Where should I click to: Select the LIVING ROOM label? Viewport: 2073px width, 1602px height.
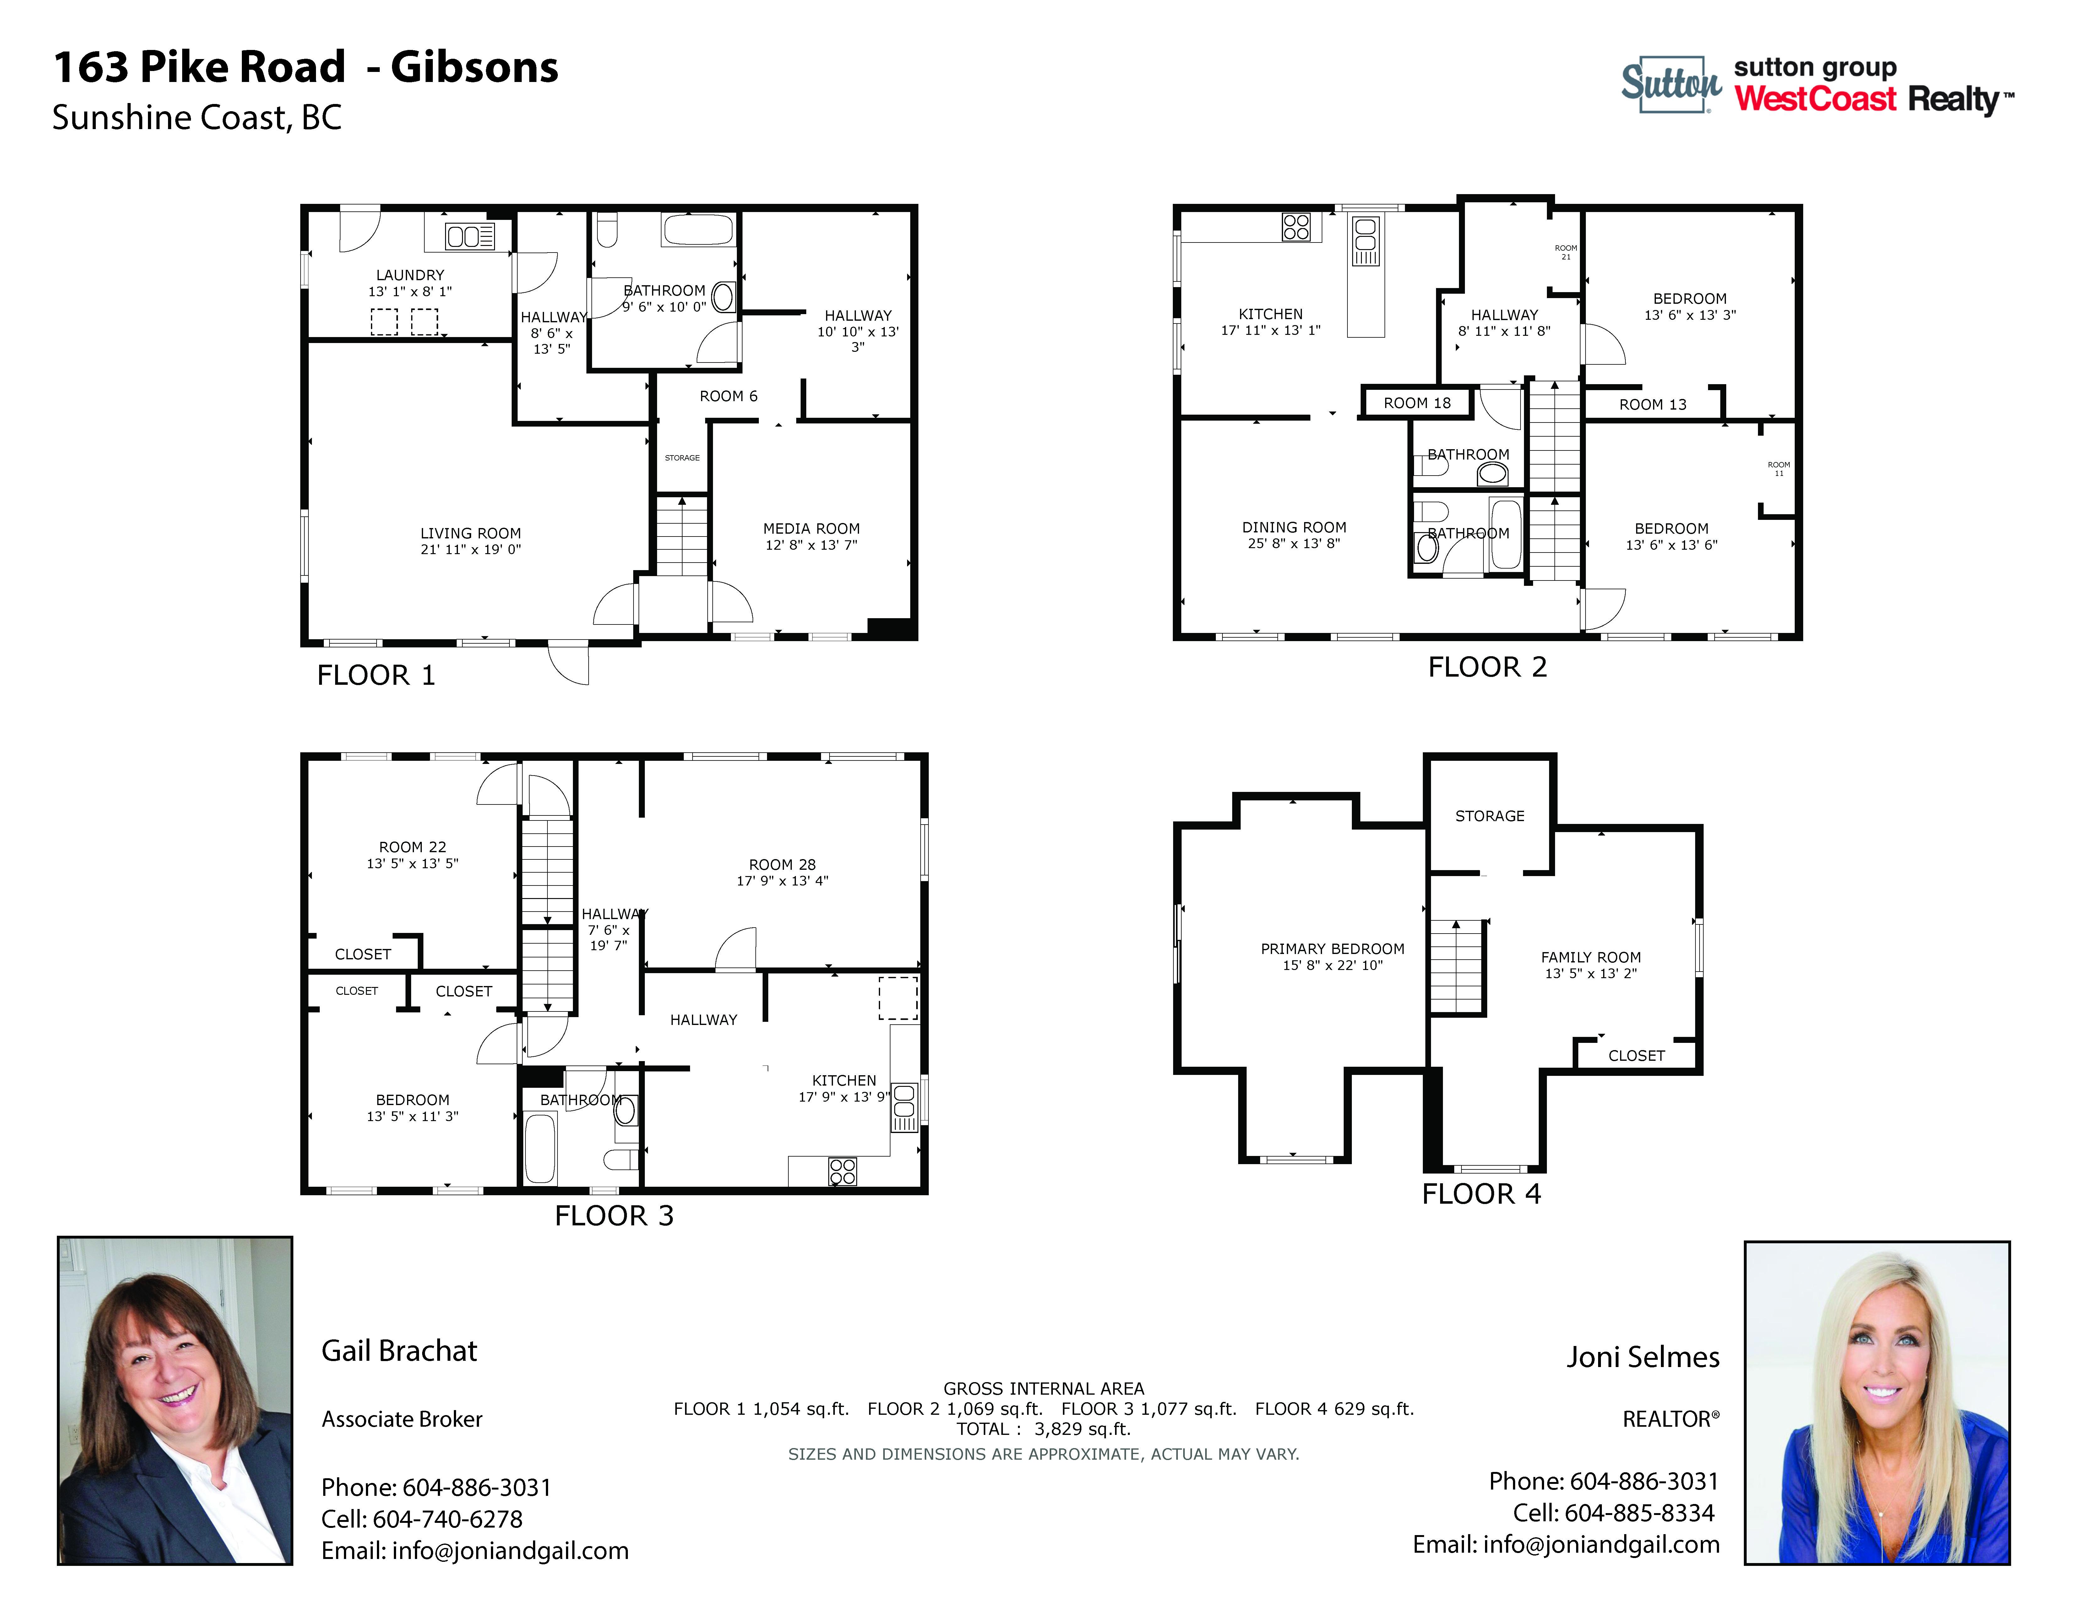(x=471, y=533)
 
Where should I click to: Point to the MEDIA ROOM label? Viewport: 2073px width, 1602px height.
(x=812, y=529)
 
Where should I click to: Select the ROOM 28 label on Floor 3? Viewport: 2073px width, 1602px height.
(x=782, y=864)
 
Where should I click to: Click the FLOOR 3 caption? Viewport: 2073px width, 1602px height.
(x=614, y=1216)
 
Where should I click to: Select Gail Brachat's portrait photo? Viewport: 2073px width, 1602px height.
(x=176, y=1400)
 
